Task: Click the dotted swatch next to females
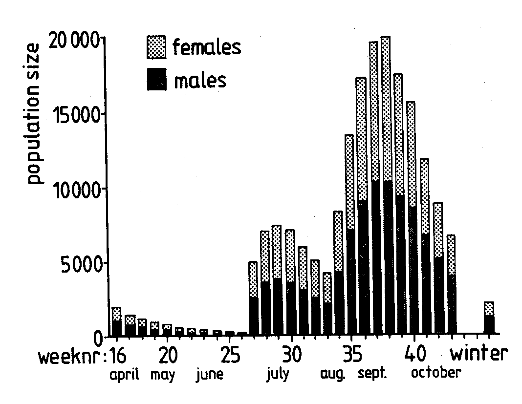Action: [156, 48]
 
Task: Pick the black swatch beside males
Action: [156, 80]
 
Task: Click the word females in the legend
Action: [207, 47]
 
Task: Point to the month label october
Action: [435, 373]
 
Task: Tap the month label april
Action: [124, 376]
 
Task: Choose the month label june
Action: [210, 375]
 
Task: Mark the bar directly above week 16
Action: [116, 322]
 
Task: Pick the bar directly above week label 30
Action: [290, 283]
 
